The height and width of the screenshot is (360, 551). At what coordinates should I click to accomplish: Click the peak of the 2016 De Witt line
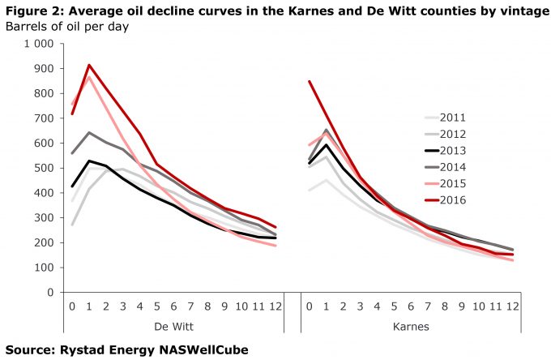88,65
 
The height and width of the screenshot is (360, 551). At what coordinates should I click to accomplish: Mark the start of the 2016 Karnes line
310,81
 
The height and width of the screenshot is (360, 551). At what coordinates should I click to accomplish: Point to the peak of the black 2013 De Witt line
88,161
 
